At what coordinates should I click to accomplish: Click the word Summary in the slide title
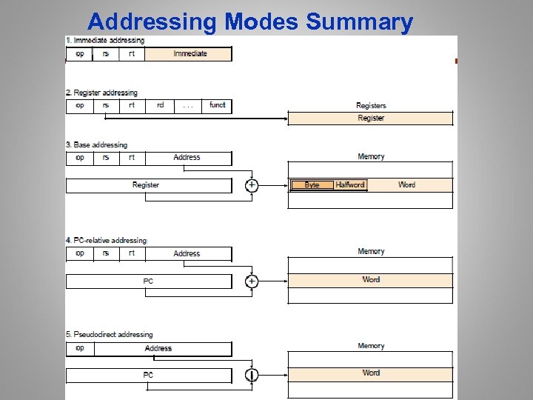359,22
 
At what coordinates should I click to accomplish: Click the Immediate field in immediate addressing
189,54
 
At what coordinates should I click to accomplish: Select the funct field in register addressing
217,106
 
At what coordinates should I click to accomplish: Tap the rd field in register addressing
160,106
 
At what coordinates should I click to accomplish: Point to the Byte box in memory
312,184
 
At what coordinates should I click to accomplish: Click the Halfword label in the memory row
349,184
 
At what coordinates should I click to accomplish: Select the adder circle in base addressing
252,185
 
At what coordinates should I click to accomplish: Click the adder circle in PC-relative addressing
252,281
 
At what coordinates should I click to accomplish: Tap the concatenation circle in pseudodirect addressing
252,375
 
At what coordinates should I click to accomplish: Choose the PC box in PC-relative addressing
149,281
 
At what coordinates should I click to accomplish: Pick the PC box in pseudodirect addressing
149,376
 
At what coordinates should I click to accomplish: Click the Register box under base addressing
146,185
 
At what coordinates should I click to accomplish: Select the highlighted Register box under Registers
370,119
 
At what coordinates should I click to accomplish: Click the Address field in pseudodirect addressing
158,349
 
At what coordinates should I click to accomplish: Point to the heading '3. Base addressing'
97,145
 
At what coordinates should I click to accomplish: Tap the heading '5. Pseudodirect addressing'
110,335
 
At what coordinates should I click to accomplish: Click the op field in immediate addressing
79,54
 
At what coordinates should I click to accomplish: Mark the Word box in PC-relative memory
370,280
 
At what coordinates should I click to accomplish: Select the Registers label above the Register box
371,106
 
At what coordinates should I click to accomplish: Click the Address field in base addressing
187,158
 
